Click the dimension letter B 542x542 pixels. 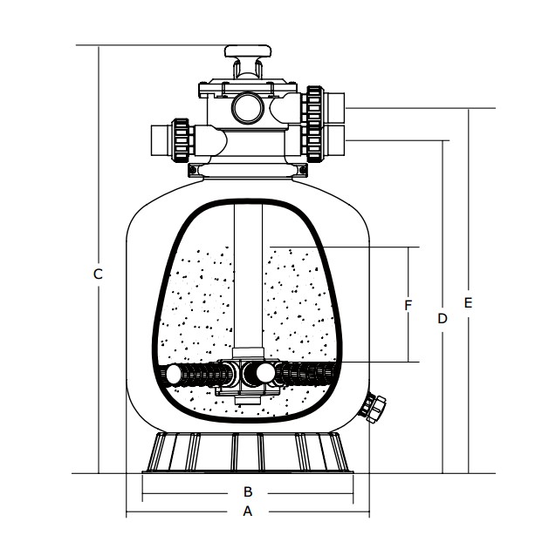click(247, 491)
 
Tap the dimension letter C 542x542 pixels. click(99, 274)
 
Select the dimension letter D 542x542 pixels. click(443, 319)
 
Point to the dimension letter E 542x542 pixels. click(469, 302)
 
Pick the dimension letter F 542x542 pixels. click(408, 305)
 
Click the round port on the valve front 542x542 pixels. click(247, 107)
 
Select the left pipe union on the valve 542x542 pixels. click(182, 139)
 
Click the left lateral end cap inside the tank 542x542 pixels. click(175, 375)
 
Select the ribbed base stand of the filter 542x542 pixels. click(248, 452)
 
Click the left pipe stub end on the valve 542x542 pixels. click(158, 139)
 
